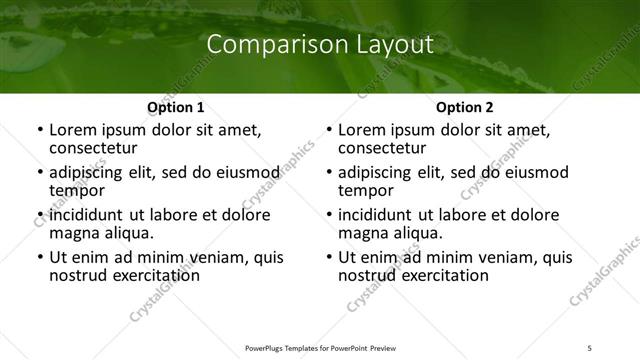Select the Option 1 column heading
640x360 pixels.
coord(175,107)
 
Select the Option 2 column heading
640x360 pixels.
coord(464,107)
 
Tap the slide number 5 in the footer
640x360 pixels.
coord(590,347)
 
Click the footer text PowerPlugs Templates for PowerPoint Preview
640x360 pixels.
coord(320,347)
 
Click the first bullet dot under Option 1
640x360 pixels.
coord(39,130)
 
